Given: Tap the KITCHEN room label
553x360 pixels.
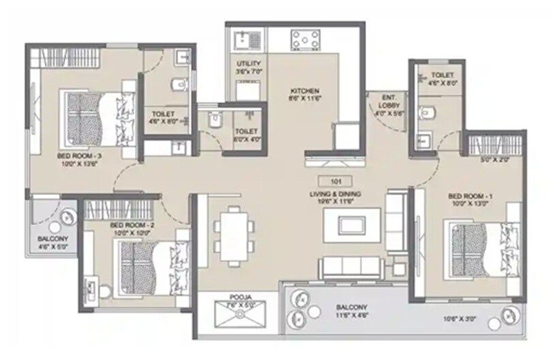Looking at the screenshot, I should coord(304,91).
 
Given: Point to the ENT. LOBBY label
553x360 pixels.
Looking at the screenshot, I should coord(389,100).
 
